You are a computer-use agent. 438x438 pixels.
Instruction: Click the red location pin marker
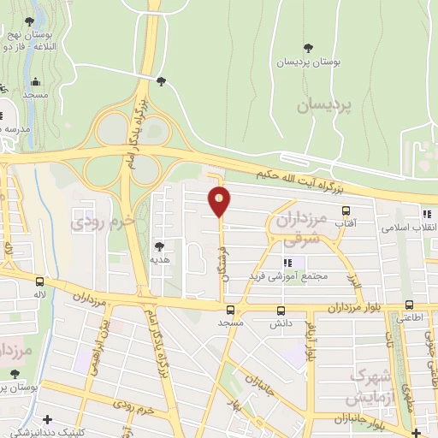[221, 202]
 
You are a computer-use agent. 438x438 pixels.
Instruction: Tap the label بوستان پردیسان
[309, 62]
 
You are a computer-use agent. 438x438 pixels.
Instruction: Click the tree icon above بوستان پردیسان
[309, 47]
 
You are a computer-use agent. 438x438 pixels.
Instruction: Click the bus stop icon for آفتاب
[346, 210]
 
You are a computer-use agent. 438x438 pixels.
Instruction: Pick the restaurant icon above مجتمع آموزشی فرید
[287, 263]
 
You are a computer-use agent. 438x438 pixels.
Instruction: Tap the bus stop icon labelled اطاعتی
[409, 305]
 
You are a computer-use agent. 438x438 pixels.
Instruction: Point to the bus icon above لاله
[39, 281]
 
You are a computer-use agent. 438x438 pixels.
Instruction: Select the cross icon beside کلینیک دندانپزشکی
[48, 419]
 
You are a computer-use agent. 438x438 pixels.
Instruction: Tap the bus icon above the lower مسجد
[230, 311]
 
